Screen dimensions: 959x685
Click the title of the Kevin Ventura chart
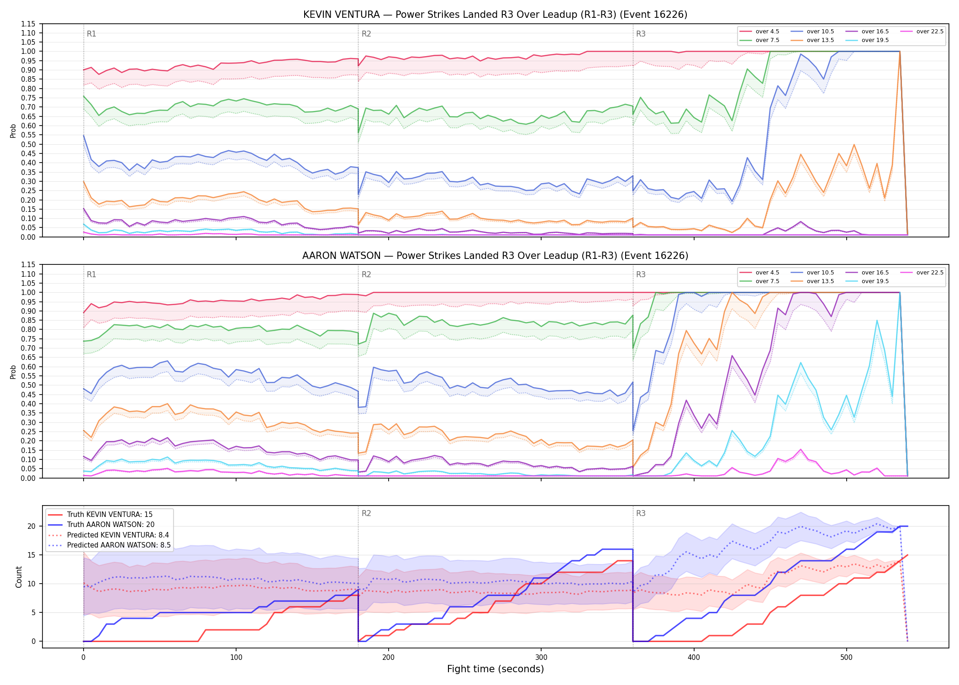pyautogui.click(x=495, y=15)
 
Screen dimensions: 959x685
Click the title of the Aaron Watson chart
pyautogui.click(x=495, y=256)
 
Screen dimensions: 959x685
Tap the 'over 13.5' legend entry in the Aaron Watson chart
pyautogui.click(x=812, y=281)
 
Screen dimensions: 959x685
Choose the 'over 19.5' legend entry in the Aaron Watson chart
pyautogui.click(x=867, y=281)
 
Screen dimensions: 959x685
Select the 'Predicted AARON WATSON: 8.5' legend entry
pyautogui.click(x=110, y=545)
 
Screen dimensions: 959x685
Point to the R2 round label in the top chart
pyautogui.click(x=366, y=34)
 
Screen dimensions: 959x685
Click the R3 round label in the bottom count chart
pyautogui.click(x=641, y=513)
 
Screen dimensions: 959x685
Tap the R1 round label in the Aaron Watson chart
pyautogui.click(x=91, y=274)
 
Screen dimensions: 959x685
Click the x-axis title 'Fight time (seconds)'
pyautogui.click(x=495, y=669)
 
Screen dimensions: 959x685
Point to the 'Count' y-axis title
pyautogui.click(x=19, y=577)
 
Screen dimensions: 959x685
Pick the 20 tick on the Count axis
pyautogui.click(x=32, y=526)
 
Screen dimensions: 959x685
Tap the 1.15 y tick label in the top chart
pyautogui.click(x=28, y=24)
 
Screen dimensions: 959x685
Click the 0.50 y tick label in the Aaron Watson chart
pyautogui.click(x=28, y=385)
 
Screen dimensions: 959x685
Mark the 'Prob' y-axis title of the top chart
pyautogui.click(x=13, y=131)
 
